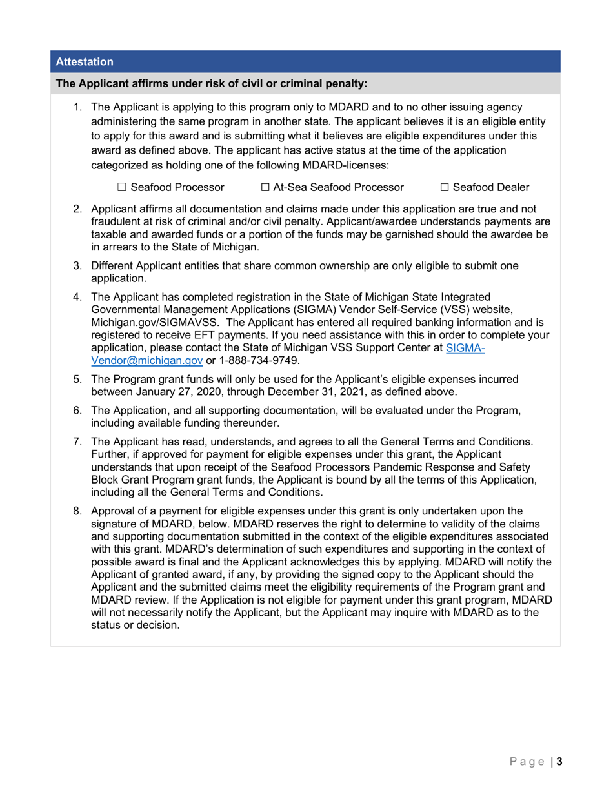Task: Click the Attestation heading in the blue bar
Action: pyautogui.click(x=85, y=62)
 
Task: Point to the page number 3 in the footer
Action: pyautogui.click(x=559, y=761)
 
